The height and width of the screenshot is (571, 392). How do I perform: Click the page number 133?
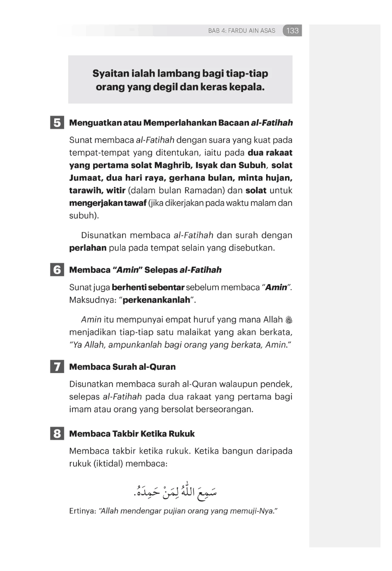[x=293, y=31]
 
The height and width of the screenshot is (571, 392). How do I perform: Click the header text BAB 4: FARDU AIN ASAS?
[x=242, y=31]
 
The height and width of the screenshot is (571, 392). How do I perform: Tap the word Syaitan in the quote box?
[x=110, y=73]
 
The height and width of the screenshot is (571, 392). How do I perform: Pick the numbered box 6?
[x=57, y=270]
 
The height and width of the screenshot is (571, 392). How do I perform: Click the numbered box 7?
[x=57, y=367]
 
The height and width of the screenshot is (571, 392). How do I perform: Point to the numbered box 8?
[x=57, y=434]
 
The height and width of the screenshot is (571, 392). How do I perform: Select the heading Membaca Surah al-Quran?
[x=122, y=367]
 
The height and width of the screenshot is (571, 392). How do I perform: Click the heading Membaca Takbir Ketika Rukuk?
[x=132, y=434]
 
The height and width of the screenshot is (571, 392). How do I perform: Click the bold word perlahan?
[x=88, y=248]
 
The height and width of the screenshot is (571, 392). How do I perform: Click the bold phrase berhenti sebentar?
[x=148, y=287]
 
